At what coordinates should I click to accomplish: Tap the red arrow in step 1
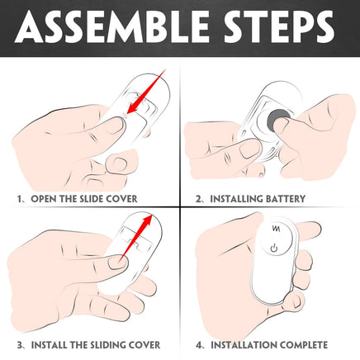[x=145, y=92]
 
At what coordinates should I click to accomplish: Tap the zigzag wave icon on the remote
[x=276, y=229]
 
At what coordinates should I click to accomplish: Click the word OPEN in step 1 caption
[x=44, y=199]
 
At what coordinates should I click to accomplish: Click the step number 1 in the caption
[x=19, y=199]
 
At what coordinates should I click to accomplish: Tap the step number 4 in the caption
[x=199, y=345]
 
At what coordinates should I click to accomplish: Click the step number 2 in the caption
[x=199, y=199]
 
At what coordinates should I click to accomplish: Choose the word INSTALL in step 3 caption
[x=49, y=345]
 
